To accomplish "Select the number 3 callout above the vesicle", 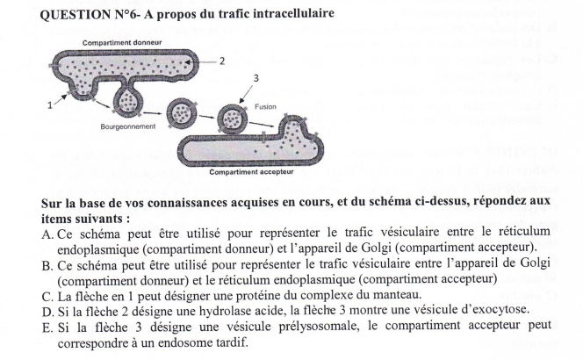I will pyautogui.click(x=255, y=79).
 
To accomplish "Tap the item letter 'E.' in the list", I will pyautogui.click(x=48, y=326).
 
